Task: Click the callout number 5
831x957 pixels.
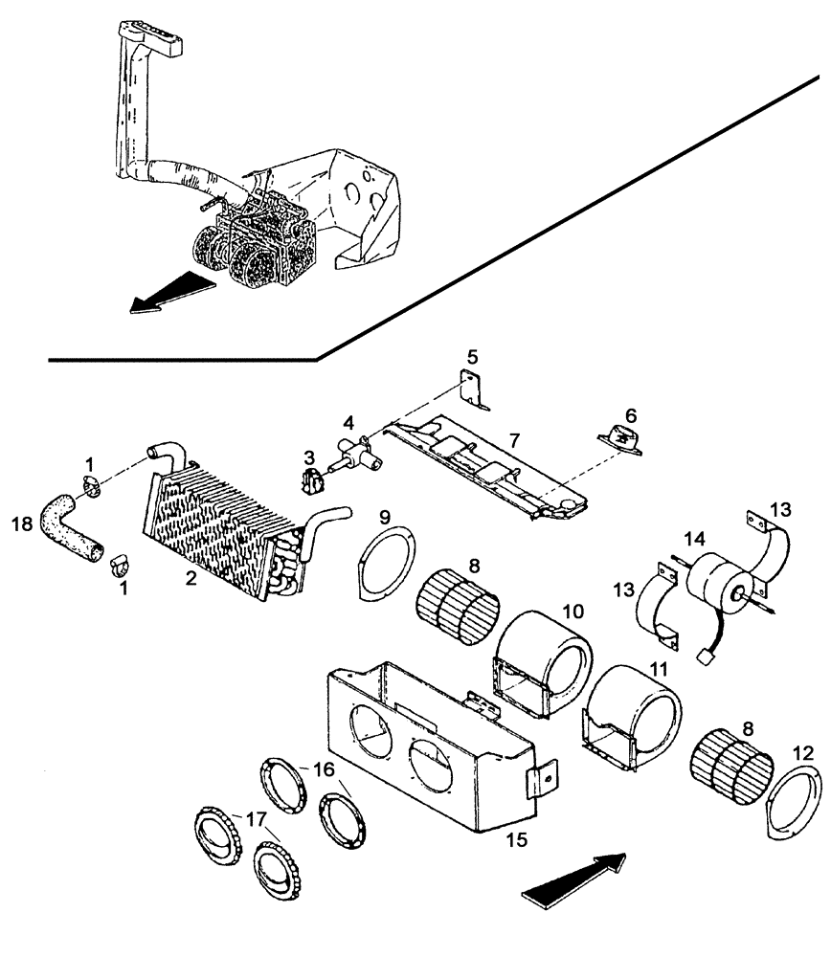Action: [x=471, y=356]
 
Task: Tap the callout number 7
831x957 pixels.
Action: [x=513, y=441]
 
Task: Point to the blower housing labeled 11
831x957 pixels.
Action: [x=632, y=713]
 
